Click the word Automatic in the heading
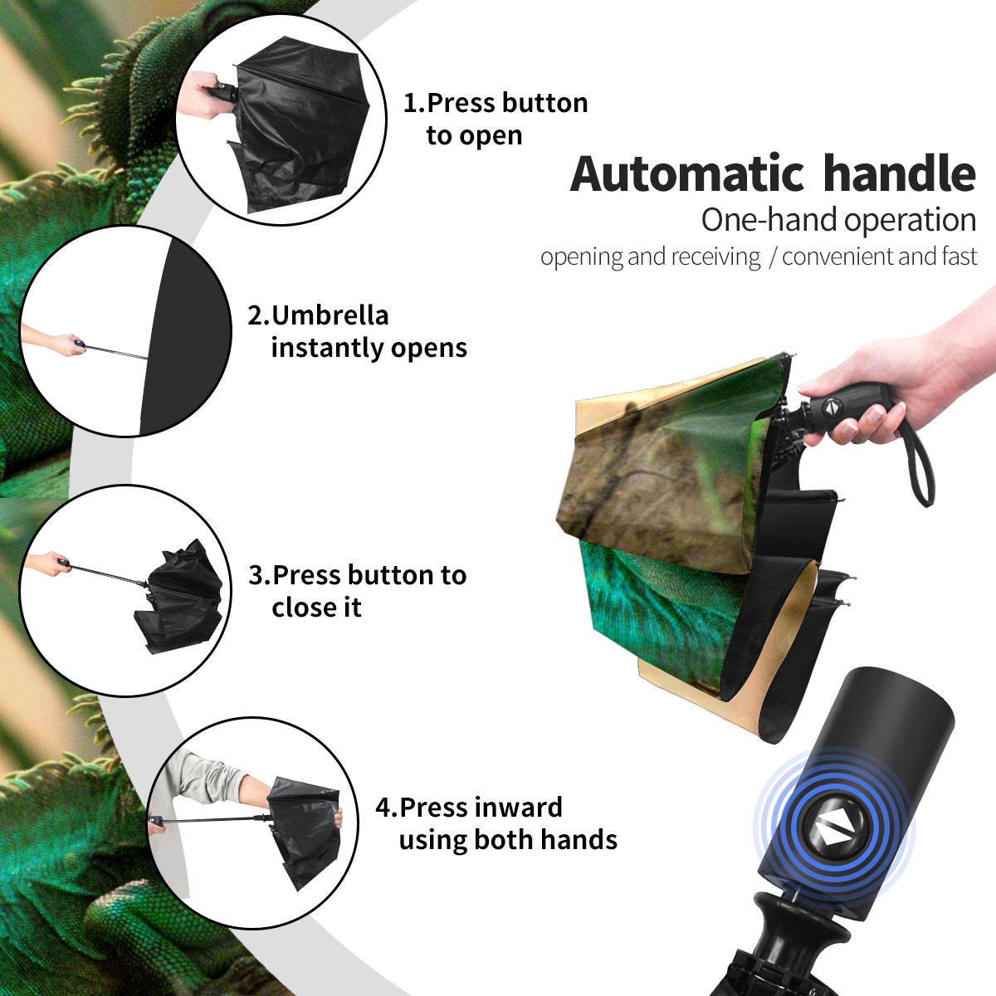click(687, 174)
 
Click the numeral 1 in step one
click(409, 103)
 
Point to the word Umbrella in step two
click(330, 315)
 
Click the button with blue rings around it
click(833, 833)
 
